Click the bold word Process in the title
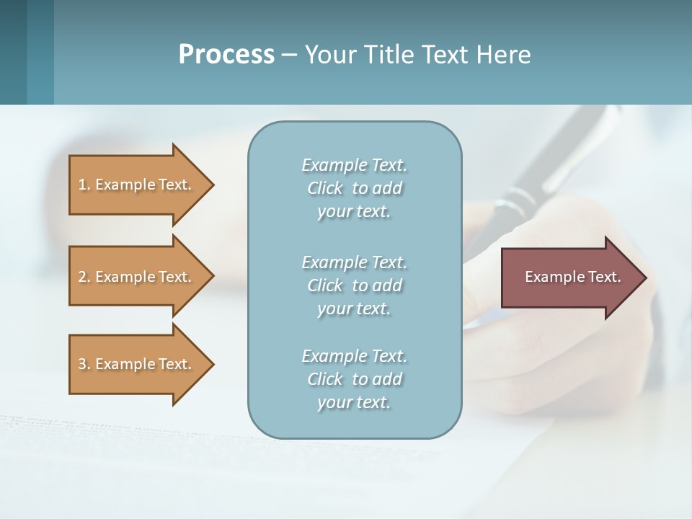(x=226, y=54)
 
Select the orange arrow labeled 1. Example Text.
(x=137, y=185)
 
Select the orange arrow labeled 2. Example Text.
(x=137, y=277)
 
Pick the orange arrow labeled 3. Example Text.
(x=137, y=364)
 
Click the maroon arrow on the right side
(x=569, y=278)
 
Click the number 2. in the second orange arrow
(x=84, y=277)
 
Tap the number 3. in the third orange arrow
(x=84, y=364)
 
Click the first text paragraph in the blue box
(x=354, y=188)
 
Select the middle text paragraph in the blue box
(x=354, y=285)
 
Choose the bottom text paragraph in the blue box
(x=354, y=379)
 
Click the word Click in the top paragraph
(x=325, y=188)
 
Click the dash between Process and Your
(x=289, y=55)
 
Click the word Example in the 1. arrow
(x=125, y=185)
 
